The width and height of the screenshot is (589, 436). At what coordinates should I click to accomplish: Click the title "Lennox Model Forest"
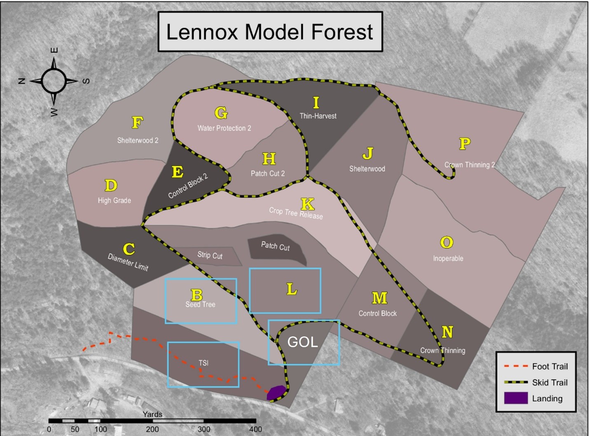pyautogui.click(x=270, y=32)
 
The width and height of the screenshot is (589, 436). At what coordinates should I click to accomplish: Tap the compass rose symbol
pyautogui.click(x=54, y=81)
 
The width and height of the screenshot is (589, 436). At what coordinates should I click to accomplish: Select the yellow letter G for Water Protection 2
pyautogui.click(x=221, y=113)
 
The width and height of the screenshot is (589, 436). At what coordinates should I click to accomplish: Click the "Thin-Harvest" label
pyautogui.click(x=318, y=116)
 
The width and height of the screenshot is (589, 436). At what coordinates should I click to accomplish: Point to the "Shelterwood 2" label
pyautogui.click(x=138, y=141)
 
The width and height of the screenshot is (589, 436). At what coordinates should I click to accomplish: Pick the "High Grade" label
pyautogui.click(x=115, y=201)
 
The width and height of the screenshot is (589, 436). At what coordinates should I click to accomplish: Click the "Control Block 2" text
pyautogui.click(x=188, y=186)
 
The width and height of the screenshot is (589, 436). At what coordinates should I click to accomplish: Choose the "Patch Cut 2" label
pyautogui.click(x=268, y=173)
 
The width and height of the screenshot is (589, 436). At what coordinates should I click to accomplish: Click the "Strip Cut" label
pyautogui.click(x=210, y=256)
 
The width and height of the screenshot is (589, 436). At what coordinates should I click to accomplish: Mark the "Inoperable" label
pyautogui.click(x=448, y=259)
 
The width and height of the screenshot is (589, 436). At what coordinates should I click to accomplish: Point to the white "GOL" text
pyautogui.click(x=302, y=342)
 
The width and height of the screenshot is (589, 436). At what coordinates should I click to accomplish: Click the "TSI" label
pyautogui.click(x=203, y=363)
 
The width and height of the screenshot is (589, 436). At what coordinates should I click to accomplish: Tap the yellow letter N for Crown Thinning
pyautogui.click(x=447, y=332)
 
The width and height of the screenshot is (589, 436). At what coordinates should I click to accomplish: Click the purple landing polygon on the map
pyautogui.click(x=276, y=393)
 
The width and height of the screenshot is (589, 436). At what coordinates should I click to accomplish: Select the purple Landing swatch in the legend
pyautogui.click(x=516, y=398)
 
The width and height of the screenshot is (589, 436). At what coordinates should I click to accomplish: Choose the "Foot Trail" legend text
pyautogui.click(x=549, y=366)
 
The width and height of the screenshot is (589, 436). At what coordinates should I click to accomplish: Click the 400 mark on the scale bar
pyautogui.click(x=255, y=429)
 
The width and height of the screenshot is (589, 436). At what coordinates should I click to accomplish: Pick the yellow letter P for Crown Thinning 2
pyautogui.click(x=465, y=144)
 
